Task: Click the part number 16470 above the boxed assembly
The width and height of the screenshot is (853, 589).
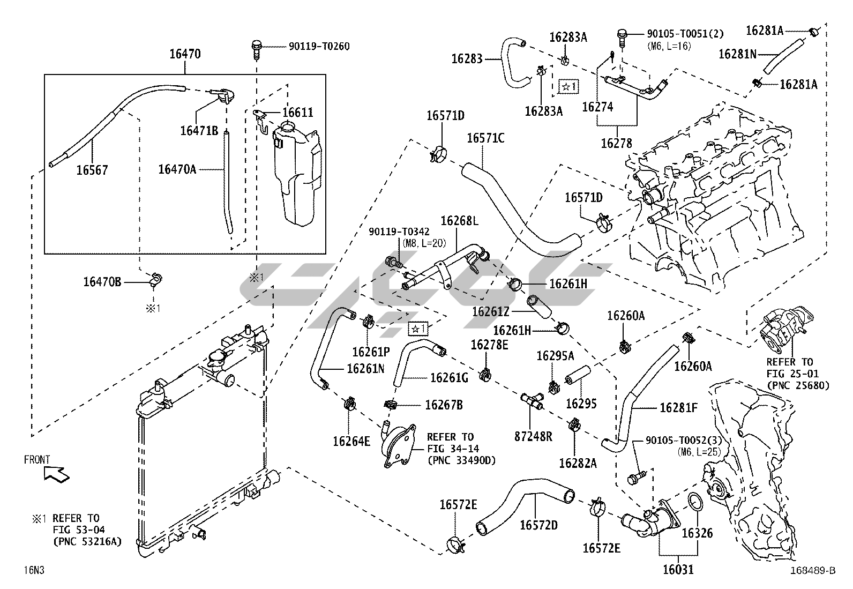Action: (185, 54)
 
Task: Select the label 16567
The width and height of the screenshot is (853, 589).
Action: (92, 170)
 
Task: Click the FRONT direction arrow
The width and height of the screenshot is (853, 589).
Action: (54, 473)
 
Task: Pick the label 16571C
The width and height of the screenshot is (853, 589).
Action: (485, 138)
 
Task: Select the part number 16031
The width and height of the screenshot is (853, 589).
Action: (678, 570)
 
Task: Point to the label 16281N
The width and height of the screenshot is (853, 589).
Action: (737, 54)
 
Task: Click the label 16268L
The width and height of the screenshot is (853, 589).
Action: (460, 221)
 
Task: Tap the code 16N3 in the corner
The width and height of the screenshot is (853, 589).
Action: (33, 570)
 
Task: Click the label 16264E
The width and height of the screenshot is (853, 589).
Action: (351, 441)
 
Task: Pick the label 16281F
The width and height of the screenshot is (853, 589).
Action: (678, 408)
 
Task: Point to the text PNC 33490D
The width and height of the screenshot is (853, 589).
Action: (461, 460)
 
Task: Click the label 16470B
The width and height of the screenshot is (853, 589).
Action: (102, 281)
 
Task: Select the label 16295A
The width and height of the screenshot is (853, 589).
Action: (555, 356)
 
